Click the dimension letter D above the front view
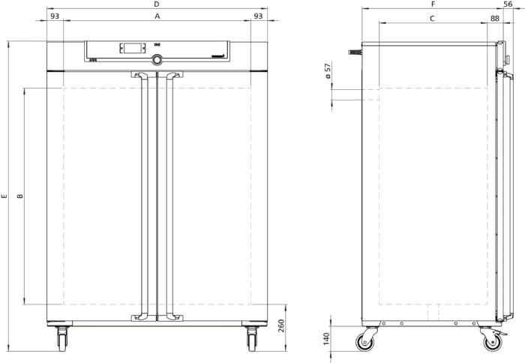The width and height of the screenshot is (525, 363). pos(156,4)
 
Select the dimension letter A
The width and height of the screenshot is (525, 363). pos(157,16)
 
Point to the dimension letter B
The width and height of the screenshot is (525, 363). pos(20,196)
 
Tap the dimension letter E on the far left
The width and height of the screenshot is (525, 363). pos(4,196)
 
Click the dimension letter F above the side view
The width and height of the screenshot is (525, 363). pos(433,4)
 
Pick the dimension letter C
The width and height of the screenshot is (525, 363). pos(432,19)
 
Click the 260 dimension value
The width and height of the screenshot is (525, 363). pos(281,325)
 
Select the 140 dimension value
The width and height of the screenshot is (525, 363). pos(326,339)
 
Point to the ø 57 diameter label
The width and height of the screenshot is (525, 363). pos(328,70)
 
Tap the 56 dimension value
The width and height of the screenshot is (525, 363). pos(508,4)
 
